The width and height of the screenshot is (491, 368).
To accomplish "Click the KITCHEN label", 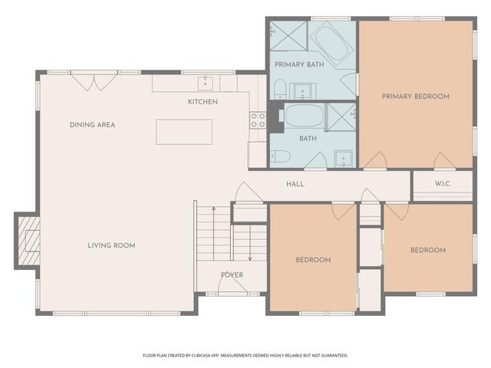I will tap(203, 102).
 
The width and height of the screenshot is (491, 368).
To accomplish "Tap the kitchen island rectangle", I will tap(184, 132).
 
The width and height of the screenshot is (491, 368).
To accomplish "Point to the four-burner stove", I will tap(258, 120).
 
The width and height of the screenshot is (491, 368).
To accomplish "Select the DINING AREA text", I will tap(92, 125).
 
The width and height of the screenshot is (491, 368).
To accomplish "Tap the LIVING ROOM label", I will tap(111, 246).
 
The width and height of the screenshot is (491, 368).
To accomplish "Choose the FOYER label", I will tap(232, 275).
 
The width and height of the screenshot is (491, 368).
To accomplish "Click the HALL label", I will tap(295, 185).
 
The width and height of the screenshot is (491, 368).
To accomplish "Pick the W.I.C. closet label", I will tap(443, 184).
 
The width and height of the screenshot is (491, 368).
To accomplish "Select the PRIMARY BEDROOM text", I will tap(416, 97).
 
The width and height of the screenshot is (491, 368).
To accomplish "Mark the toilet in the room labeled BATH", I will tap(280, 156).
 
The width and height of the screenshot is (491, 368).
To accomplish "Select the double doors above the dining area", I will tap(94, 80).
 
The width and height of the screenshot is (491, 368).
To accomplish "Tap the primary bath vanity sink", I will tap(305, 90).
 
